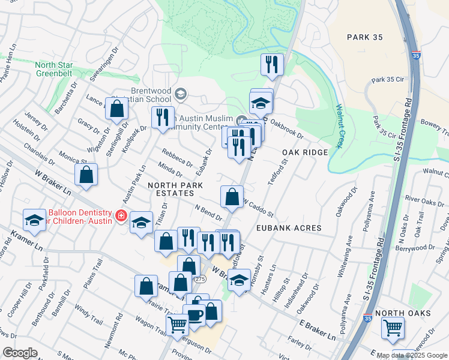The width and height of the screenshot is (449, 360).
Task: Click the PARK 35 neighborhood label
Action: coord(364,37)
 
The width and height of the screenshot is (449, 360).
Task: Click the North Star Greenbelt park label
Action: coord(53,69)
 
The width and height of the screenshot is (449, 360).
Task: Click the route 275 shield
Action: coord(199,279)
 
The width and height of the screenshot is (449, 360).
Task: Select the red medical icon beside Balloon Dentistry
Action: coord(121,215)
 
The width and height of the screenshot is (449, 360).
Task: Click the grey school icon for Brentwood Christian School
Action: coord(181,93)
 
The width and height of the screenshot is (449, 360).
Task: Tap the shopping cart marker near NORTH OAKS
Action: coord(393,328)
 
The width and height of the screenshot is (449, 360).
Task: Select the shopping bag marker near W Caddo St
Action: coord(232,196)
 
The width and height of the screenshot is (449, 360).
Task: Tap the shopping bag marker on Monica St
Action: coord(86,175)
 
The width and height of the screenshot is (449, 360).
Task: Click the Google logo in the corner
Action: coord(20,352)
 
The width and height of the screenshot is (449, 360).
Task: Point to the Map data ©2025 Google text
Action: coord(412,355)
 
